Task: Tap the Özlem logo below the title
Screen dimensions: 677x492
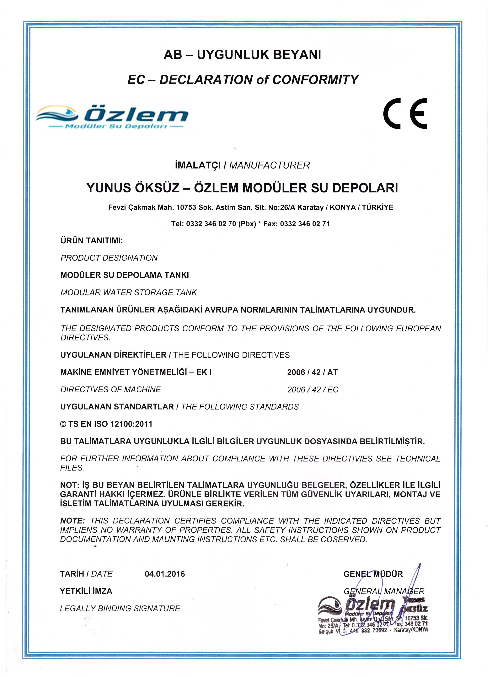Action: point(112,117)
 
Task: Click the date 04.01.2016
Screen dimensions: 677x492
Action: point(165,574)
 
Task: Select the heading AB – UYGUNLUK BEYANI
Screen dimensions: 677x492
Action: point(242,55)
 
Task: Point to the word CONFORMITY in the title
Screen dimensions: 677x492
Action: point(315,80)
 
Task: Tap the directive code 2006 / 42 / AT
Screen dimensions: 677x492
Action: point(312,372)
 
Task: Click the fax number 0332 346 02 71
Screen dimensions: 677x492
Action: point(305,224)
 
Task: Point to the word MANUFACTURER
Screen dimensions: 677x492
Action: point(269,165)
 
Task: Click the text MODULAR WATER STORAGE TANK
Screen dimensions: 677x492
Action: point(129,293)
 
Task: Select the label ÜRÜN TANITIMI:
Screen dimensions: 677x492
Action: point(92,241)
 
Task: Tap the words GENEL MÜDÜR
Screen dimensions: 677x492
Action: point(373,574)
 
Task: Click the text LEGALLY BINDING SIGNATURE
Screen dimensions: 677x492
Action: point(120,609)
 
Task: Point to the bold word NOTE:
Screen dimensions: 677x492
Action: point(72,521)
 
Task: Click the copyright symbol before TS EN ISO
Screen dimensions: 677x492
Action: point(63,424)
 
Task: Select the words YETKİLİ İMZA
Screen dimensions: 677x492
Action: point(86,591)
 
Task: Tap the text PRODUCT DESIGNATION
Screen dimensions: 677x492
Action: point(109,258)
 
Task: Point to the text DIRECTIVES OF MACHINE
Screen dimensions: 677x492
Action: point(110,390)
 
